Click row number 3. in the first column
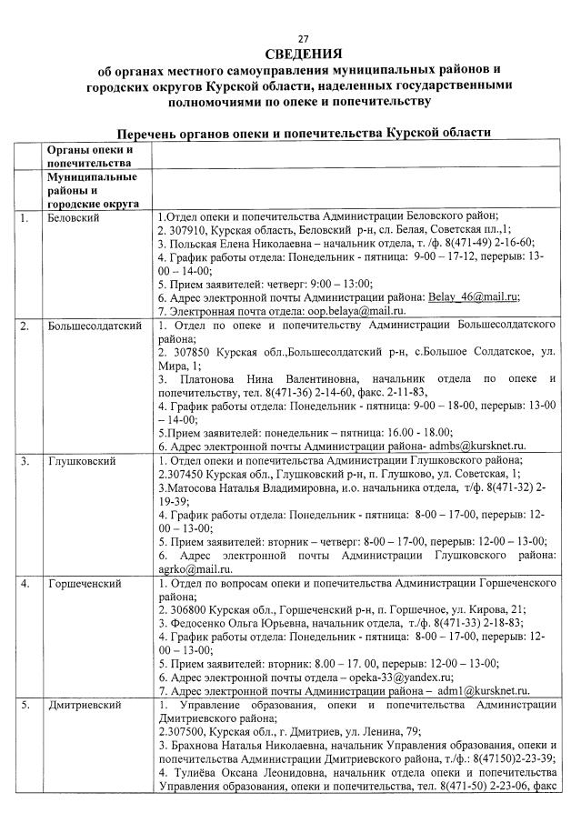click(x=25, y=461)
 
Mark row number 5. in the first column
click(x=25, y=706)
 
